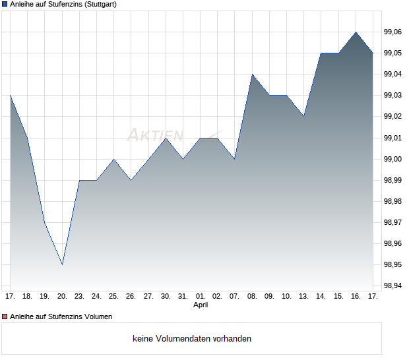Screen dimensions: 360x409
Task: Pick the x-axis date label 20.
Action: (x=62, y=296)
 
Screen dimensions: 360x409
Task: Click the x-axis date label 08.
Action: (x=252, y=296)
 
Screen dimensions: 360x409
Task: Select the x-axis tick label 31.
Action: (x=183, y=296)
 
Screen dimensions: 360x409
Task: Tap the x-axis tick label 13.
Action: (x=303, y=296)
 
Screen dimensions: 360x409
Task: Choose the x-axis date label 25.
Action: (x=113, y=296)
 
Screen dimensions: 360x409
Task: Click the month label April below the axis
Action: (x=201, y=305)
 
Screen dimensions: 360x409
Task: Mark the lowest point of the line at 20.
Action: (x=62, y=264)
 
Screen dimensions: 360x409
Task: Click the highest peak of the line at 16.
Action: (x=356, y=32)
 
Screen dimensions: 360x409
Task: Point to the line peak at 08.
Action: (x=252, y=74)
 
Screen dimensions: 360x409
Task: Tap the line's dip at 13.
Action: (x=303, y=116)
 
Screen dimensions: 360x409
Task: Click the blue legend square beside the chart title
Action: (x=5, y=5)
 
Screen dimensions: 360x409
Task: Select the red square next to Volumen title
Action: (x=5, y=316)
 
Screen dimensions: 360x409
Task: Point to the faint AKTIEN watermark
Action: (x=156, y=135)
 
